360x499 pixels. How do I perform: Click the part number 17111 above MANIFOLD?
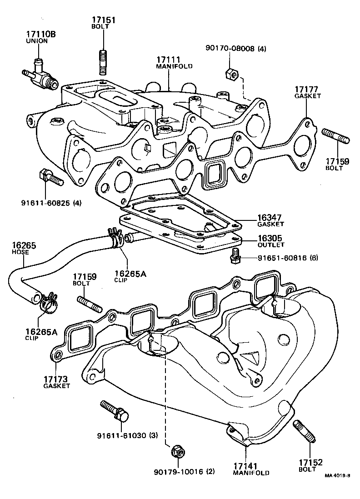point(169,60)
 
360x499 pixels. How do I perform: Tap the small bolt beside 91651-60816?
point(235,256)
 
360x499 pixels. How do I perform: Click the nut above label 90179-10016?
point(177,451)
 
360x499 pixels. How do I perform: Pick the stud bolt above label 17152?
point(304,432)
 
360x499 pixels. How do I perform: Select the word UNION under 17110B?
point(36,41)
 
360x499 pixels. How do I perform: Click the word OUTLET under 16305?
point(271,245)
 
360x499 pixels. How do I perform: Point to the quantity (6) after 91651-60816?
point(314,258)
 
